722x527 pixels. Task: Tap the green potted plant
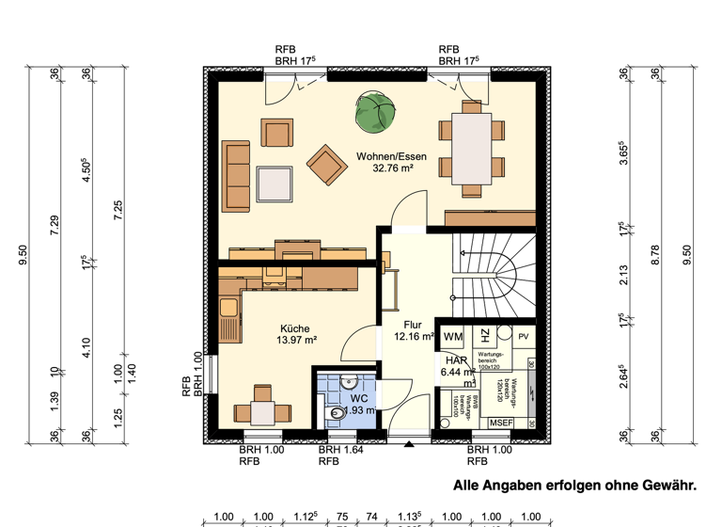point(376,111)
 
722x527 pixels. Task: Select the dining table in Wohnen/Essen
point(471,148)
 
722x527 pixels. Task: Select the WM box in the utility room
point(453,336)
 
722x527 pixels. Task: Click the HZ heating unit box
point(482,336)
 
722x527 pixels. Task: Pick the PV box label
point(524,336)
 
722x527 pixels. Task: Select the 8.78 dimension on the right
point(655,255)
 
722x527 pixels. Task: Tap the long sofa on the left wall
point(236,175)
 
